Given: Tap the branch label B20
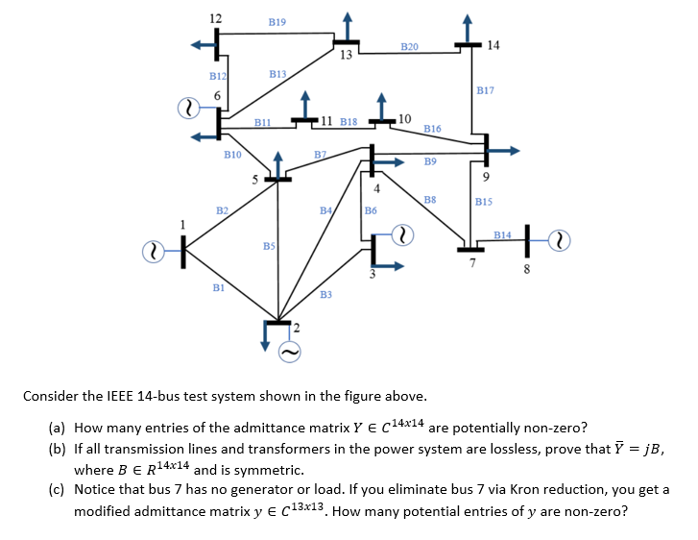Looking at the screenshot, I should pos(409,45).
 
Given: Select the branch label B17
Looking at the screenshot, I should pos(485,89).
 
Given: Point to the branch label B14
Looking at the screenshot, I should pos(502,233).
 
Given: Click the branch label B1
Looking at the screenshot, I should pos(218,286).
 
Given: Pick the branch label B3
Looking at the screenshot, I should pos(325,293).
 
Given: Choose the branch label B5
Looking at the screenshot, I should pos(270,246).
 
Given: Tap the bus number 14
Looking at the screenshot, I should pos(493,44).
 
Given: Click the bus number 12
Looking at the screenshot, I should pos(215,19).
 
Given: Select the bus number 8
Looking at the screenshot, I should pos(525,269).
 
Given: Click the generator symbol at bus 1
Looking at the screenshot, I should pos(153,251).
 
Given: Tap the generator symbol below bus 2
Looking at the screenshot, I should pos(291,353).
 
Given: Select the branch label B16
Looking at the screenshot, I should pos(432,128).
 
